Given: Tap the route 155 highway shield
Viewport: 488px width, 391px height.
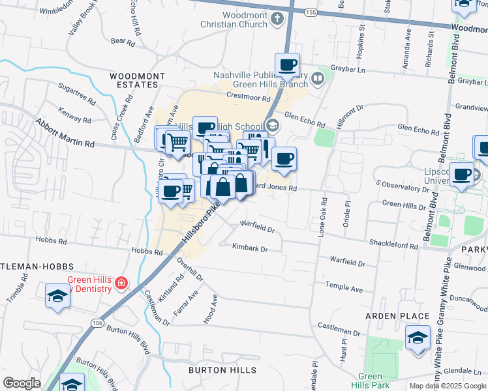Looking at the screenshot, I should tap(310, 12).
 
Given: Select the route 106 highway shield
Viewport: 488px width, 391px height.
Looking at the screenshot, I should tap(98, 323).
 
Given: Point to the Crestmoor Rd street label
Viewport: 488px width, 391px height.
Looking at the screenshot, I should tap(248, 98).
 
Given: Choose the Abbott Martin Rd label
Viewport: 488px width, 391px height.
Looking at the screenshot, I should tap(65, 133).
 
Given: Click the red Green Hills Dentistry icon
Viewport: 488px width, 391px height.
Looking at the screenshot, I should tap(121, 283).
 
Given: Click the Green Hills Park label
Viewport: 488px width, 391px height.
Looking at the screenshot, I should tap(371, 381).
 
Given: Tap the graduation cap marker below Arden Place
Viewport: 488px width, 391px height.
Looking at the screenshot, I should tap(418, 338).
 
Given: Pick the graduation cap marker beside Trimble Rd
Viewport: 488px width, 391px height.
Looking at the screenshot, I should tap(57, 296).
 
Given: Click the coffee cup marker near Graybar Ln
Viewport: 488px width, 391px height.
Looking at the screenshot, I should tap(287, 65).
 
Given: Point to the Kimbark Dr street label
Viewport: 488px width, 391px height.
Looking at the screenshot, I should tap(251, 248).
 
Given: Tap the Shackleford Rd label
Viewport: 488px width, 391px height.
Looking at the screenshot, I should tap(395, 246).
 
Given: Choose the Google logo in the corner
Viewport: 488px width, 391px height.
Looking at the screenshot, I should tap(22, 383).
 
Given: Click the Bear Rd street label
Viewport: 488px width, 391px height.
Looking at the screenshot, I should tap(123, 42).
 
